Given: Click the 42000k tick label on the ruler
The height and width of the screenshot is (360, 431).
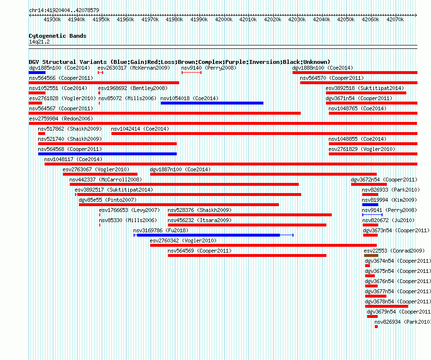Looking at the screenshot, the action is pyautogui.click(x=224, y=19).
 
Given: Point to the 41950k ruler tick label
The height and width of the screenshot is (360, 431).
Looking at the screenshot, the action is pyautogui.click(x=101, y=19).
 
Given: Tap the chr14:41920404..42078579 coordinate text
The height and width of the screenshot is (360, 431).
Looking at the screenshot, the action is pyautogui.click(x=64, y=10).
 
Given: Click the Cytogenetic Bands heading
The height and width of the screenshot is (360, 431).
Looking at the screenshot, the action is pyautogui.click(x=58, y=36).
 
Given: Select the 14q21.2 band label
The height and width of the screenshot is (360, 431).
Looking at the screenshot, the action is pyautogui.click(x=39, y=42).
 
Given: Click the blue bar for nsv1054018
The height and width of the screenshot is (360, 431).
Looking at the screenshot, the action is pyautogui.click(x=212, y=103).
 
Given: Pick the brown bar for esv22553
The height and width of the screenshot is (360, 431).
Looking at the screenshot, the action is pyautogui.click(x=371, y=255).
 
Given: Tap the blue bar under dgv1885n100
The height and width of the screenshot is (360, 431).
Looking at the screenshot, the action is pyautogui.click(x=37, y=73).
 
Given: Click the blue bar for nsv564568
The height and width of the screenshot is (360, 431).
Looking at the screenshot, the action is pyautogui.click(x=108, y=154).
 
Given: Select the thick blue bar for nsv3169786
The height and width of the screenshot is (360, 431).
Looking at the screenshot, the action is pyautogui.click(x=208, y=235).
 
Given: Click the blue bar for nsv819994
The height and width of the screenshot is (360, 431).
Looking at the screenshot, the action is pyautogui.click(x=370, y=205).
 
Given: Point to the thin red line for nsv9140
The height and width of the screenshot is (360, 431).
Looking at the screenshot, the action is pyautogui.click(x=192, y=73).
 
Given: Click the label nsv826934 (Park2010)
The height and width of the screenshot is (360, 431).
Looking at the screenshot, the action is pyautogui.click(x=402, y=322).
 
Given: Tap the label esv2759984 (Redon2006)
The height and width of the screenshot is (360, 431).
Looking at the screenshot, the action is pyautogui.click(x=61, y=119).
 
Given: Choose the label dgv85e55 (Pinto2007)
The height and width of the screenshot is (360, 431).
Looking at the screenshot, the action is pyautogui.click(x=108, y=200).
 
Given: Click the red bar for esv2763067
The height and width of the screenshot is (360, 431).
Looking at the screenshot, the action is pyautogui.click(x=100, y=174).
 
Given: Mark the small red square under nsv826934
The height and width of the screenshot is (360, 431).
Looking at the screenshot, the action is pyautogui.click(x=376, y=327).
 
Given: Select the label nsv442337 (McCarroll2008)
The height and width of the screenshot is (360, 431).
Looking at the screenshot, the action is pyautogui.click(x=106, y=180).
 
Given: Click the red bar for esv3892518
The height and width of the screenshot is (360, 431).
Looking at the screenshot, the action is pyautogui.click(x=366, y=93).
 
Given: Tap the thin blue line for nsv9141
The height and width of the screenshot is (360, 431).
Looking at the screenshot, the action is pyautogui.click(x=372, y=215).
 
